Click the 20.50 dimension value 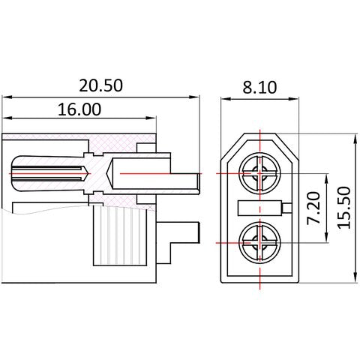point(100,85)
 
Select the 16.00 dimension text point(79,109)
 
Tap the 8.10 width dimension point(259,87)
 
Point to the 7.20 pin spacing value point(313,208)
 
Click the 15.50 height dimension point(344,208)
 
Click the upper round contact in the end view point(259,173)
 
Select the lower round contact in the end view point(259,242)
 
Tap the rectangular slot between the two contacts point(260,208)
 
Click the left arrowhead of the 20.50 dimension point(7,97)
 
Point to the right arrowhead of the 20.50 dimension point(194,97)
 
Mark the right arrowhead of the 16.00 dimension point(151,118)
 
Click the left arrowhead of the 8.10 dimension point(226,99)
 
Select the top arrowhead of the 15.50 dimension point(355,139)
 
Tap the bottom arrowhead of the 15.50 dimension point(355,277)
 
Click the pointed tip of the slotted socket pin point(88,173)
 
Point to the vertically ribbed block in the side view point(119,235)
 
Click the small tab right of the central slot point(287,208)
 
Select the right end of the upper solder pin point(199,184)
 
